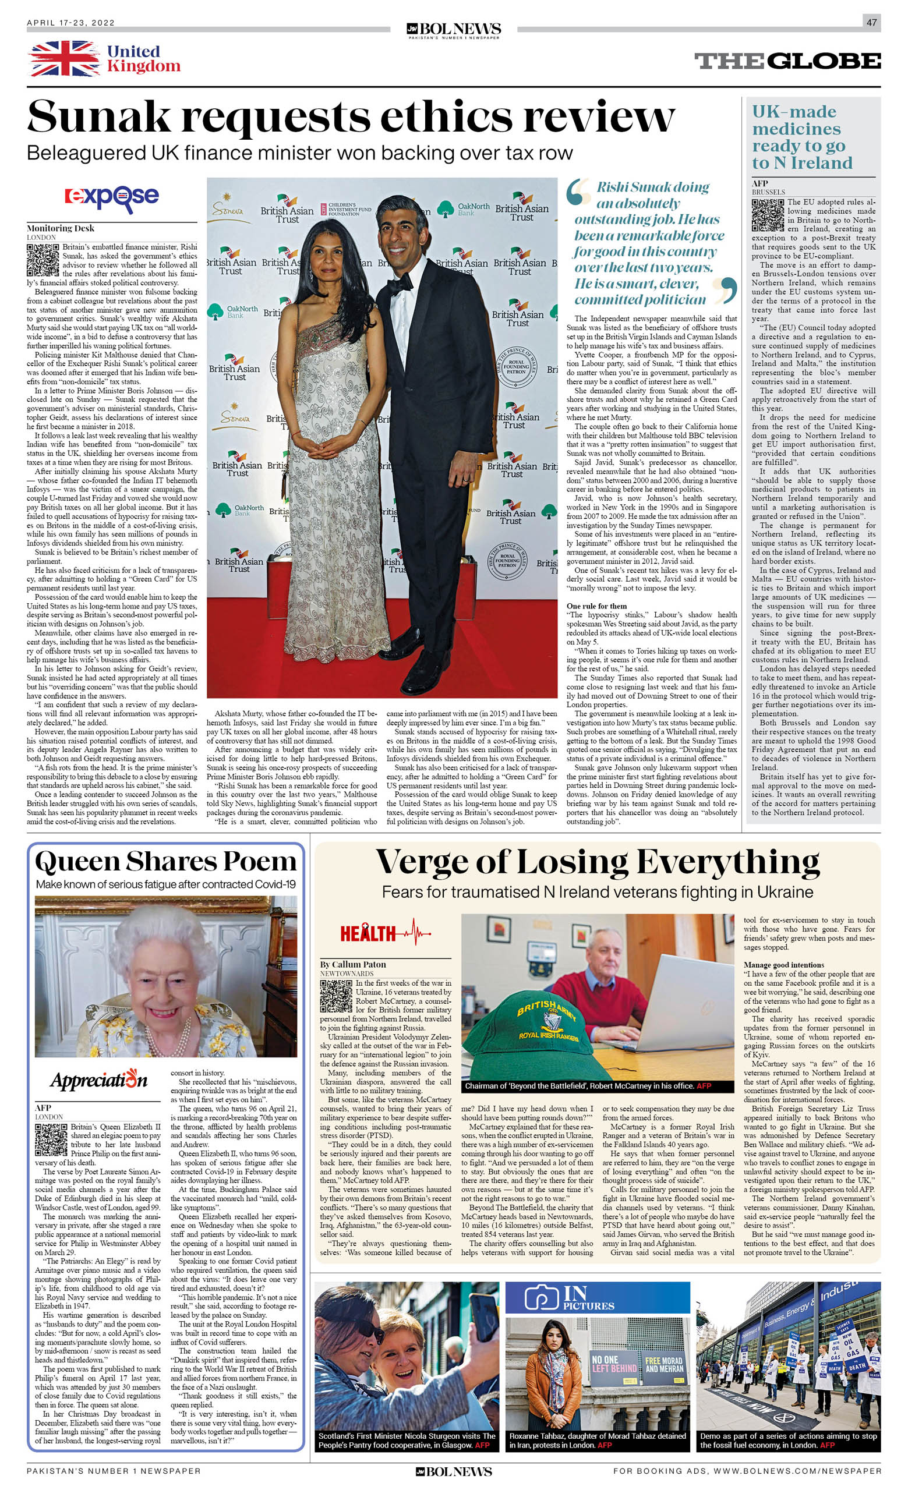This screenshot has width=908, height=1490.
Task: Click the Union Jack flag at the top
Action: coord(64,59)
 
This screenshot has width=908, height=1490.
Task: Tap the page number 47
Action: coord(871,22)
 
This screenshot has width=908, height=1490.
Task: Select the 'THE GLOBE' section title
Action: coord(787,61)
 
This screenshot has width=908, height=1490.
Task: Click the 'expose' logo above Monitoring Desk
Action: coord(112,197)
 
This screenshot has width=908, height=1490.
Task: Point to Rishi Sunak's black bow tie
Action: coord(400,284)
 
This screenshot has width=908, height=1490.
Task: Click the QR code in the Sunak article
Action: coord(43,260)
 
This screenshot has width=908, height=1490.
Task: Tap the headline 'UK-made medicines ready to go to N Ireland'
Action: coord(802,137)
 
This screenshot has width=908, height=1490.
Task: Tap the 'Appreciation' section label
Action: coord(98,1080)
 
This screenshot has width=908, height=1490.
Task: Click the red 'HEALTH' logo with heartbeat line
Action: coord(385,933)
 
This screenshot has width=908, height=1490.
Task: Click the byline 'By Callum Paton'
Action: coord(353,964)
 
